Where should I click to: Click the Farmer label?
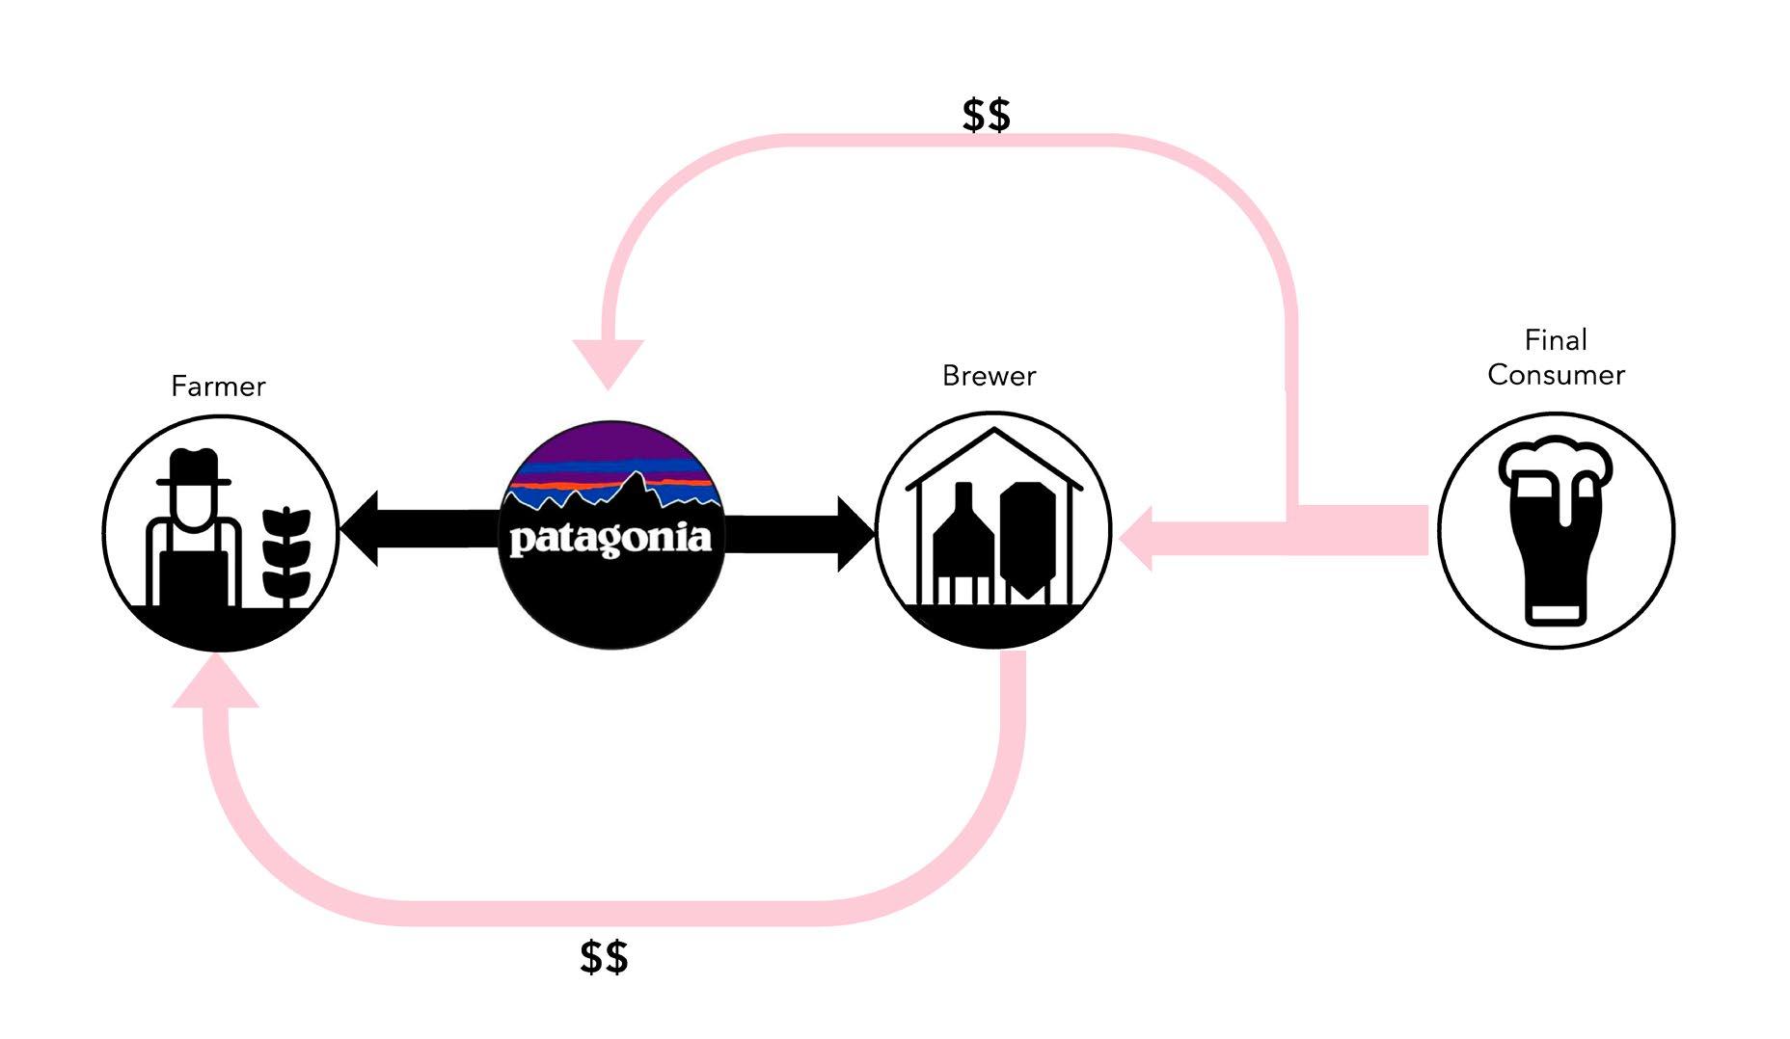(x=218, y=386)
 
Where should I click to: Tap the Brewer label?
(x=989, y=376)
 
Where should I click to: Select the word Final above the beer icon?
(x=1555, y=340)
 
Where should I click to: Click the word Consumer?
(x=1556, y=375)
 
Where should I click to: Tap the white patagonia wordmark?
(x=610, y=539)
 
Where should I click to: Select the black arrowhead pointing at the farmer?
(x=359, y=528)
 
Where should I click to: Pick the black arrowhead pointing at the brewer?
(x=856, y=533)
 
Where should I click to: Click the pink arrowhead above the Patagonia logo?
(x=608, y=361)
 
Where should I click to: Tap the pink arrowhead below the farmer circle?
(x=216, y=683)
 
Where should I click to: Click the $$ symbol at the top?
(x=986, y=116)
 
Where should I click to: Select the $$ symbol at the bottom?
(x=604, y=957)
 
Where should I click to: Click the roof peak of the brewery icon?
(x=993, y=433)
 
